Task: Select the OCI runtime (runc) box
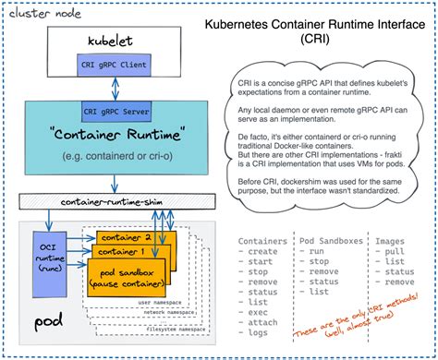pyautogui.click(x=50, y=249)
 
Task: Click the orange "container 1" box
pyautogui.click(x=127, y=252)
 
